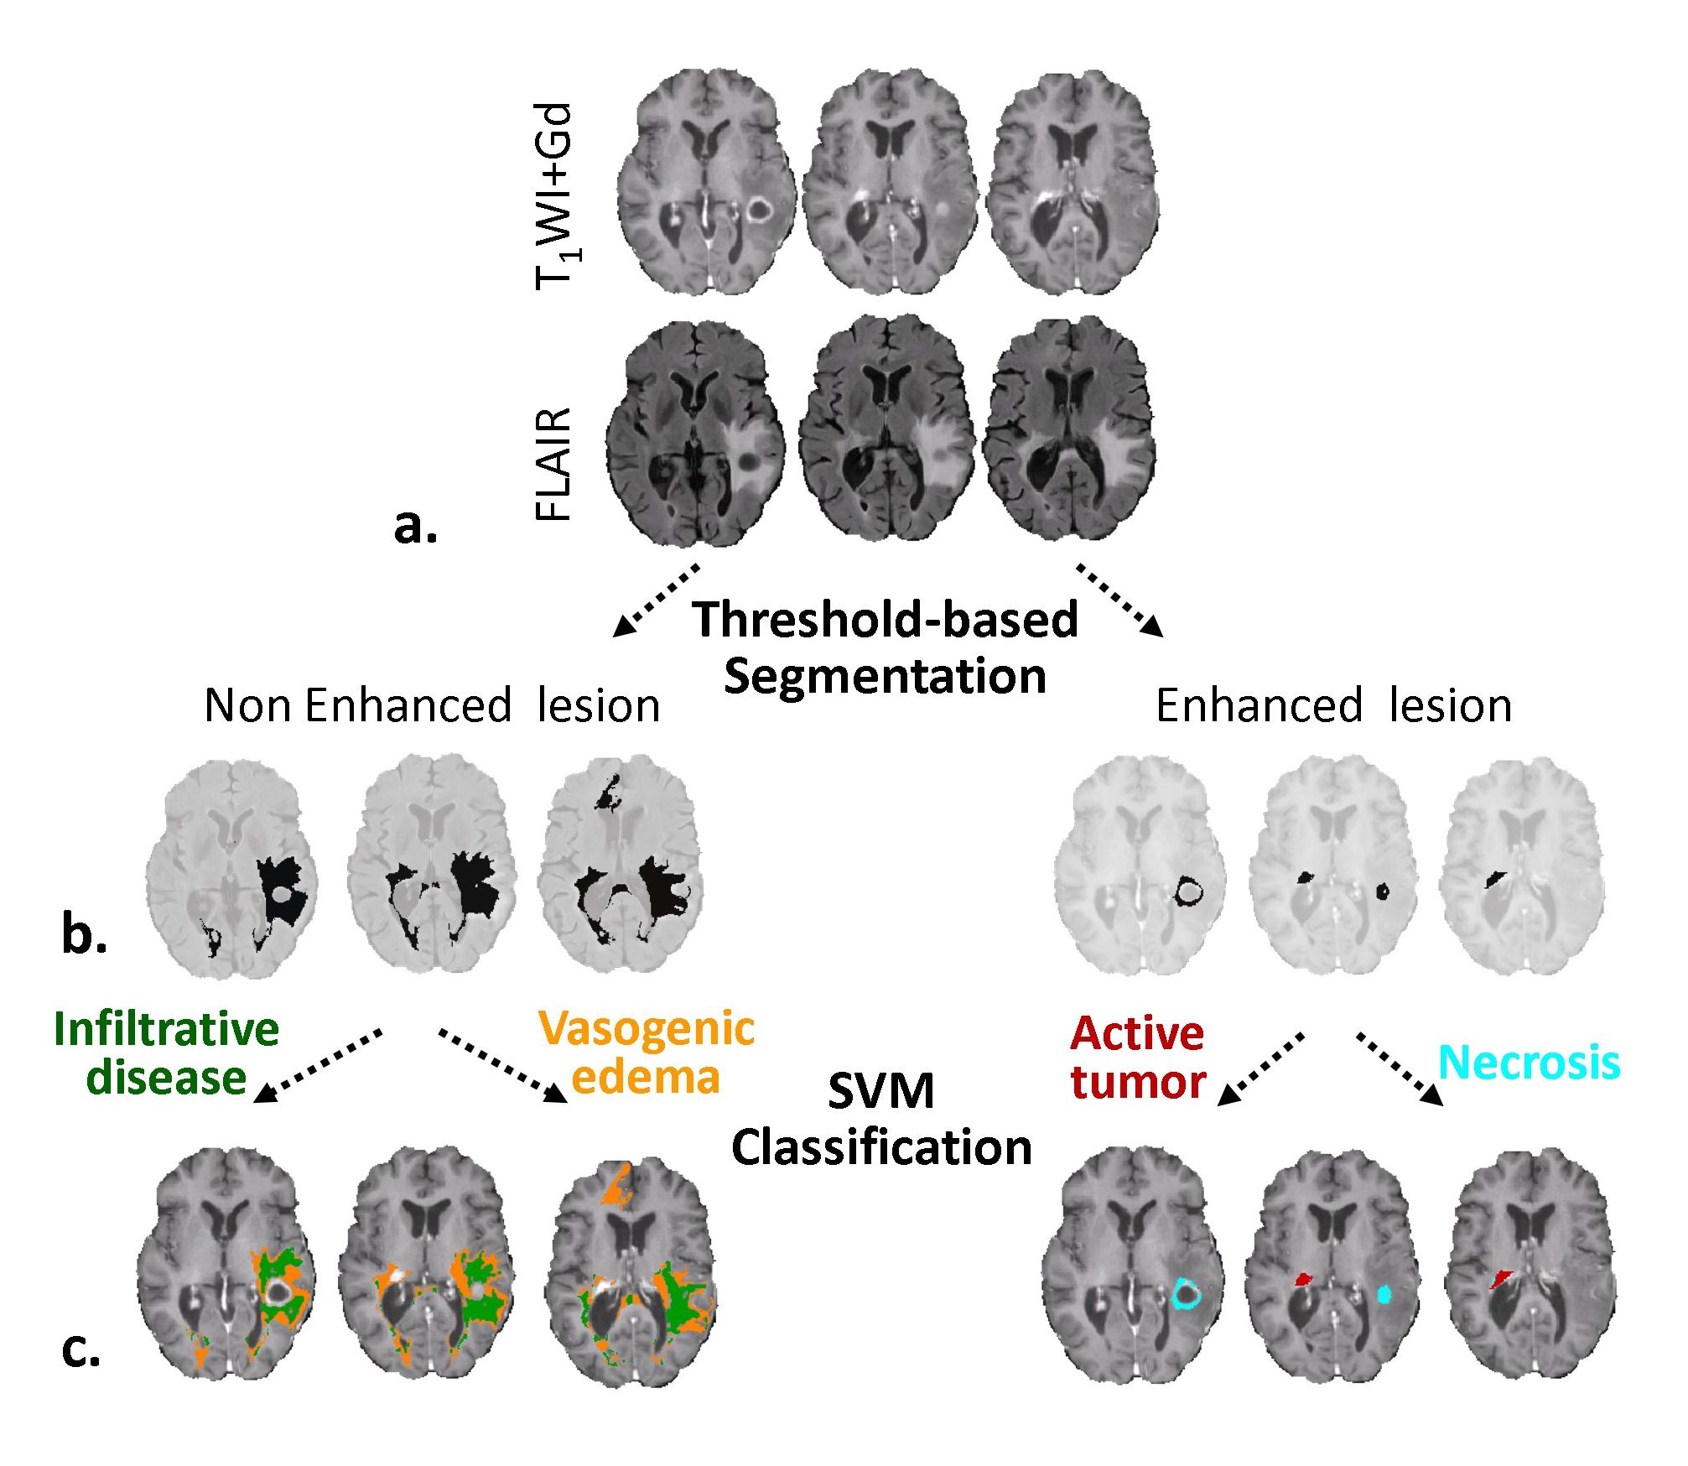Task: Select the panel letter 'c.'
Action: pyautogui.click(x=81, y=1349)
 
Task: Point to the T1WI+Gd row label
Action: pyautogui.click(x=556, y=196)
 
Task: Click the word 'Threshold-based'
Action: pyautogui.click(x=885, y=620)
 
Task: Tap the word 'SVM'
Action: pyautogui.click(x=880, y=1091)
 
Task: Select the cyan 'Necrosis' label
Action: pyautogui.click(x=1529, y=1063)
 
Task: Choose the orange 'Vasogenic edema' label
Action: pyautogui.click(x=646, y=1053)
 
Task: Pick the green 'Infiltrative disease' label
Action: pyautogui.click(x=166, y=1053)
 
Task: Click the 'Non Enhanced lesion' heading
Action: pyautogui.click(x=432, y=705)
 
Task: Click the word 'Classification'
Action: pyautogui.click(x=881, y=1147)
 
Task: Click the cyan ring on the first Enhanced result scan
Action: pyautogui.click(x=1186, y=1293)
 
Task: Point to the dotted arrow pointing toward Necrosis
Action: pyautogui.click(x=1399, y=1068)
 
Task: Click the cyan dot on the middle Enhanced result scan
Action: pyautogui.click(x=1384, y=1294)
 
